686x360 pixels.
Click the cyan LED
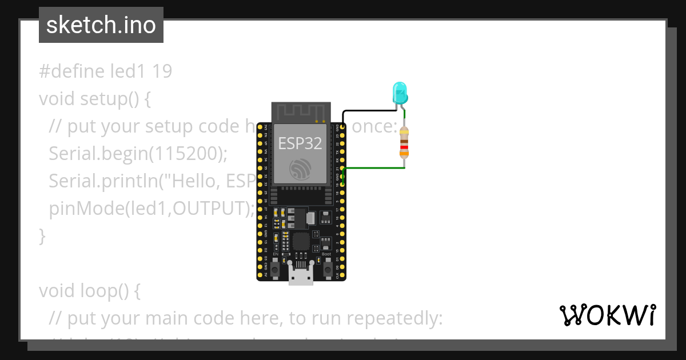pos(400,92)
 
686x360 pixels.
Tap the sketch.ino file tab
pos(101,25)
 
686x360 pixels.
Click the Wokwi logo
pos(607,315)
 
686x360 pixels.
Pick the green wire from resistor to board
pos(374,168)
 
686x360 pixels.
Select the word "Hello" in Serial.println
pos(194,181)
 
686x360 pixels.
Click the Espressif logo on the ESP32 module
pos(301,170)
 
